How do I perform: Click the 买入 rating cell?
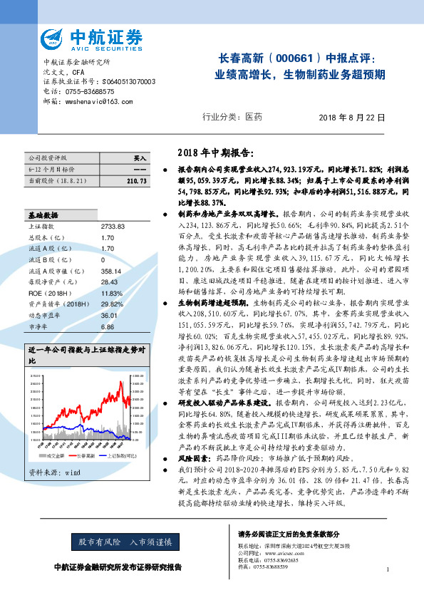tap(140, 157)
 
